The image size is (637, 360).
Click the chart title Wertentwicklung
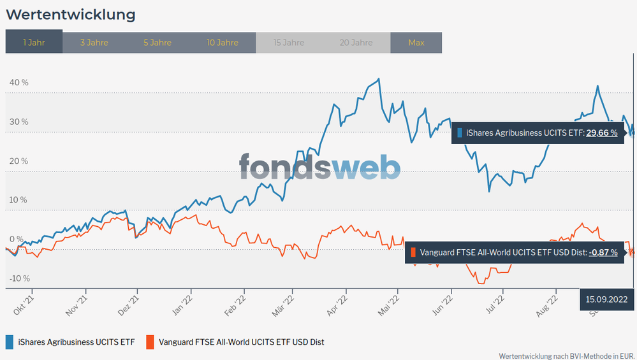point(70,14)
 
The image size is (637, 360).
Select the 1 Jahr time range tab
point(34,43)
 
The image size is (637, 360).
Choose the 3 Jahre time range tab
point(94,43)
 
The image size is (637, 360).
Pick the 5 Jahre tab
point(157,43)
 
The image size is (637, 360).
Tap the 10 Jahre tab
point(223,43)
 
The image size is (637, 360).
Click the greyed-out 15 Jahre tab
point(289,43)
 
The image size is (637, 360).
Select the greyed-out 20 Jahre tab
point(356,43)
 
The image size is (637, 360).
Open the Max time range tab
point(416,43)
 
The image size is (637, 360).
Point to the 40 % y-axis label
point(18,83)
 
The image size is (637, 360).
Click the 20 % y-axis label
point(18,161)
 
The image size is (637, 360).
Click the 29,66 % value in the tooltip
point(601,133)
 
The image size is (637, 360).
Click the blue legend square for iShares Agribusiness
point(10,342)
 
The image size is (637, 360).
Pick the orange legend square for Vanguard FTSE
point(150,342)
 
